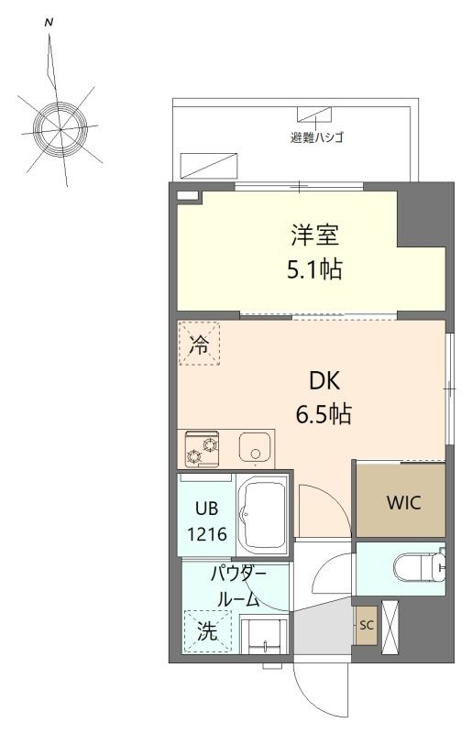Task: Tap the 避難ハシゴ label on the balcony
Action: pos(316,138)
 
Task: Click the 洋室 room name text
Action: pos(315,235)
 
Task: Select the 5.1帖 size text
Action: pos(313,271)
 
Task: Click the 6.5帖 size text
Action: pos(324,413)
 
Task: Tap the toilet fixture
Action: pos(417,569)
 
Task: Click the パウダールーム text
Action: pos(238,587)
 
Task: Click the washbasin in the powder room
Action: pos(264,633)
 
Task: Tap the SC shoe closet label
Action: pos(367,626)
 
